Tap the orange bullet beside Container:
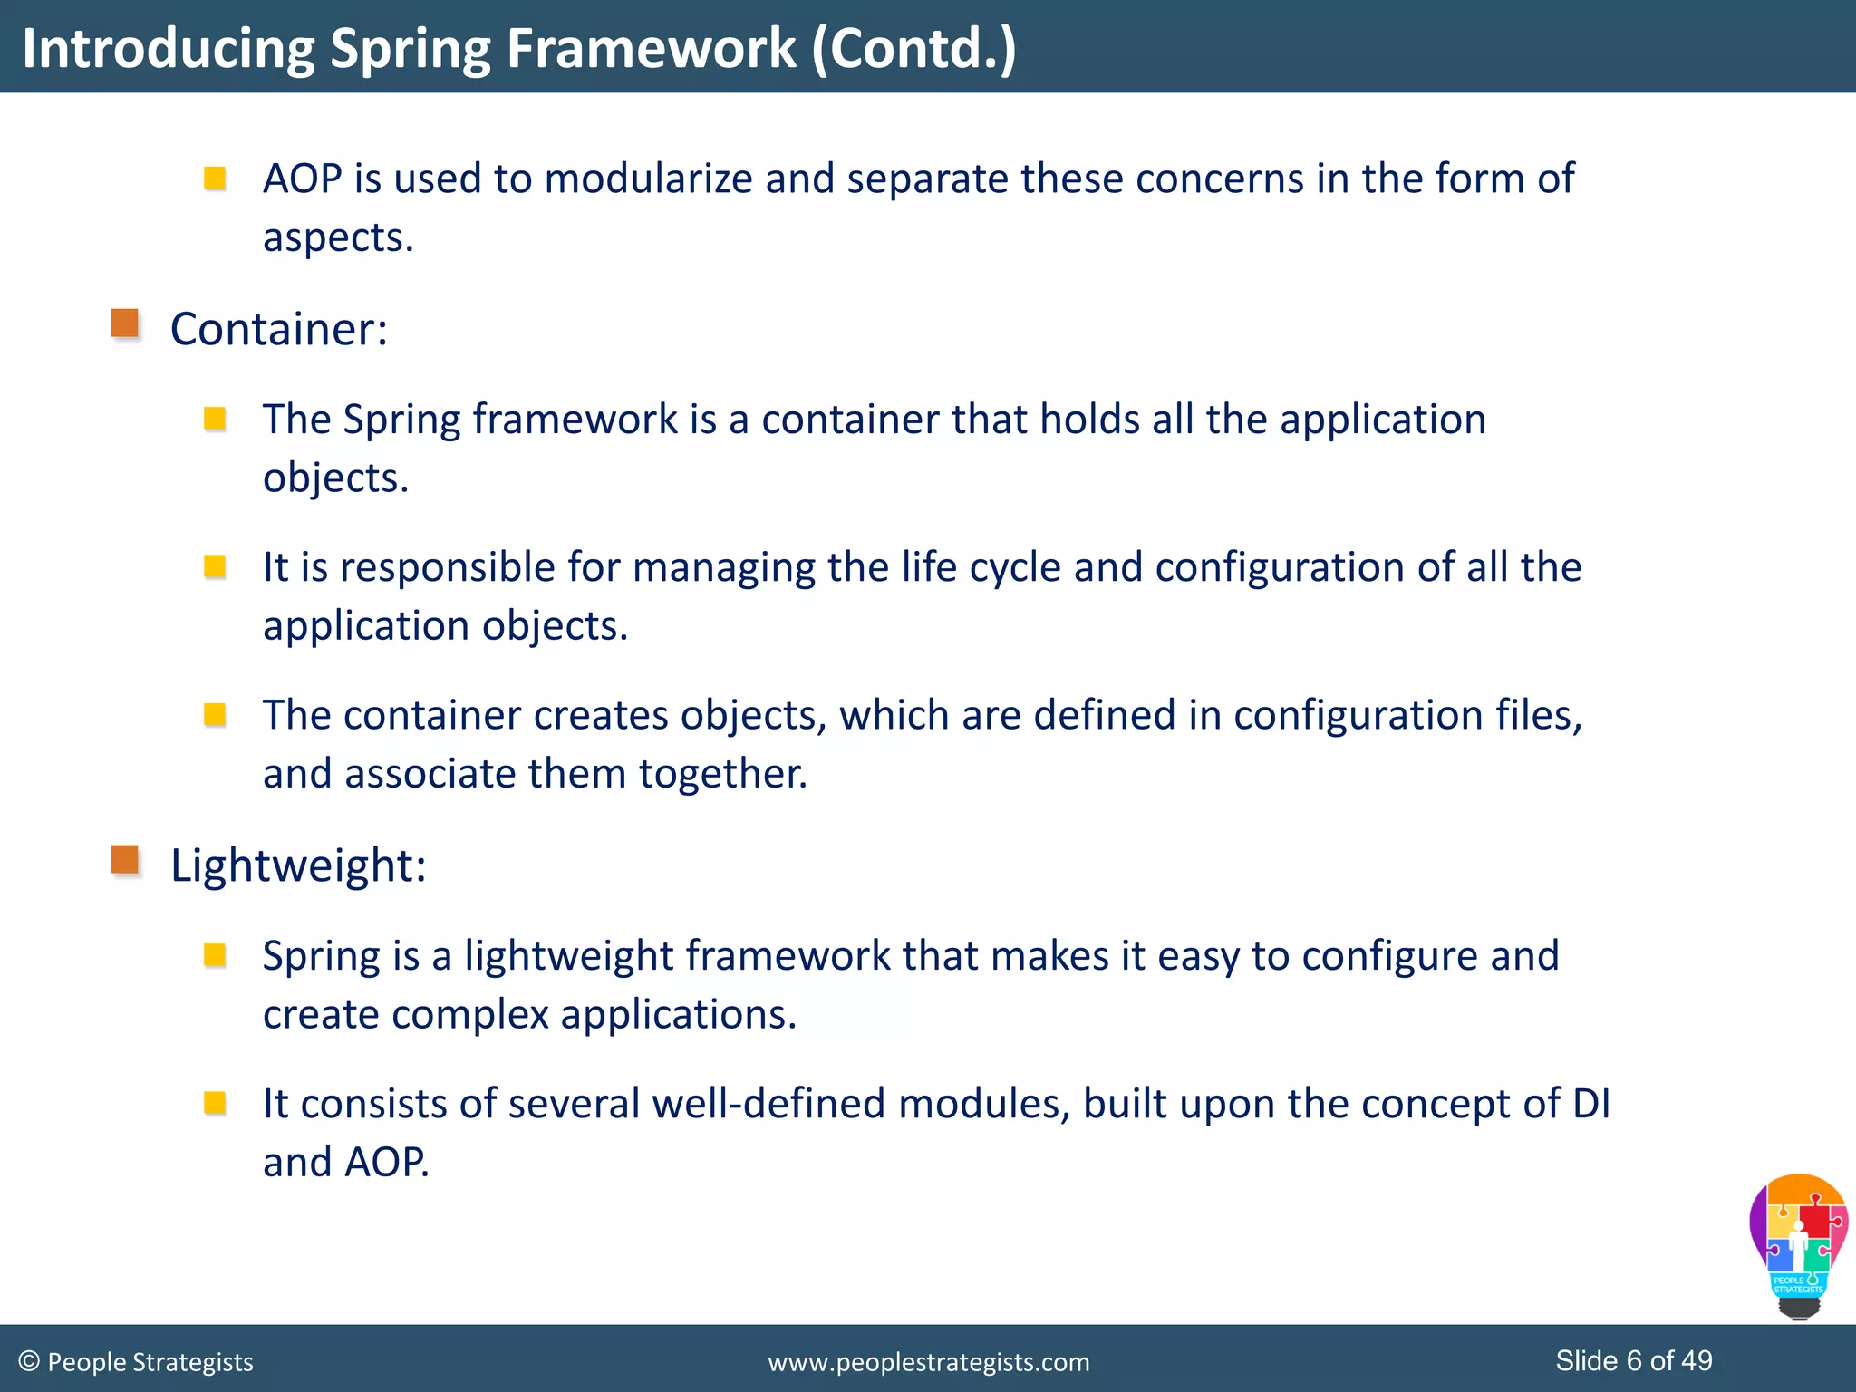click(125, 324)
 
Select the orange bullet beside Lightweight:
click(125, 860)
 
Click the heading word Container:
click(279, 328)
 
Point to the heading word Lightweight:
click(298, 865)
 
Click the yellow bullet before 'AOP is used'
click(215, 178)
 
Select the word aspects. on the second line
click(338, 237)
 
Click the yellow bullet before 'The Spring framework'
click(215, 419)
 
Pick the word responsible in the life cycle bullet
click(448, 567)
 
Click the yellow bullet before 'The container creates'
click(215, 715)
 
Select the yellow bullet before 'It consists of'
click(215, 1103)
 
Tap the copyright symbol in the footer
click(29, 1361)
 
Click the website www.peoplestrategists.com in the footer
click(928, 1362)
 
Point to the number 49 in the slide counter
click(1696, 1360)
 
